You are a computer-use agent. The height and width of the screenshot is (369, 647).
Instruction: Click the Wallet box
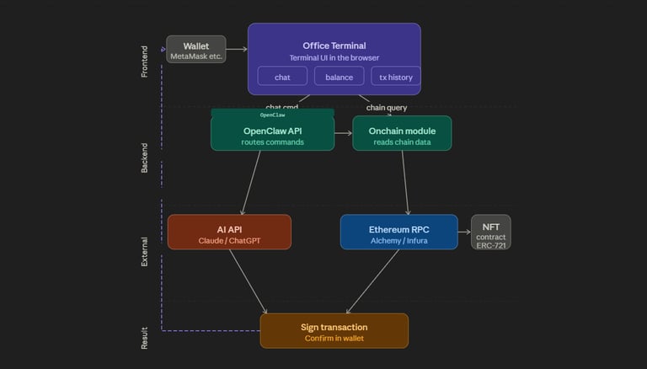[x=195, y=50]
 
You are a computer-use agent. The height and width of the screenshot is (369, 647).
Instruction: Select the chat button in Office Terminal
[x=282, y=77]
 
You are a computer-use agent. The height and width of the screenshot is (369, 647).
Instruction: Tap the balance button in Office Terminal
[x=340, y=77]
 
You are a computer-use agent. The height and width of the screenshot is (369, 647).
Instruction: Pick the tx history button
[x=395, y=77]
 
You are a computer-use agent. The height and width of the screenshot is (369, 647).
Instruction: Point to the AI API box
[x=229, y=232]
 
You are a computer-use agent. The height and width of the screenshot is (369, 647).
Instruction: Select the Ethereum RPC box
[x=398, y=232]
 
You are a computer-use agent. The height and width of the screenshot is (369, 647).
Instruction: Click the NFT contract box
[x=490, y=232]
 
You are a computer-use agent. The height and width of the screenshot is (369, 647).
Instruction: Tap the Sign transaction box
[x=334, y=330]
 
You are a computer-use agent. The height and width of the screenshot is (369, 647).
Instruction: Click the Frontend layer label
[x=144, y=61]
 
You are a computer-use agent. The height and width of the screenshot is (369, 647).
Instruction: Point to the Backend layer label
[x=144, y=158]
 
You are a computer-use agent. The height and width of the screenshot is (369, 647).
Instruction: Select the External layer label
[x=144, y=251]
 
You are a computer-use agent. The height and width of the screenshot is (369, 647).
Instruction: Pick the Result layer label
[x=144, y=338]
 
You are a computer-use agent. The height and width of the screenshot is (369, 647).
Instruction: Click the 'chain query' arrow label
[x=387, y=107]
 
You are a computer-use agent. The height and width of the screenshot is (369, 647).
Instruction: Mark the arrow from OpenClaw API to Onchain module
[x=343, y=133]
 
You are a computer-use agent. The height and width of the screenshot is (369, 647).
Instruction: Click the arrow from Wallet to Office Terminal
[x=237, y=50]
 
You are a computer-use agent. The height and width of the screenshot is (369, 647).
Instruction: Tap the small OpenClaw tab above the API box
[x=272, y=114]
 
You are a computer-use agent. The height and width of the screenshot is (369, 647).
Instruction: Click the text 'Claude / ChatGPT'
[x=229, y=240]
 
